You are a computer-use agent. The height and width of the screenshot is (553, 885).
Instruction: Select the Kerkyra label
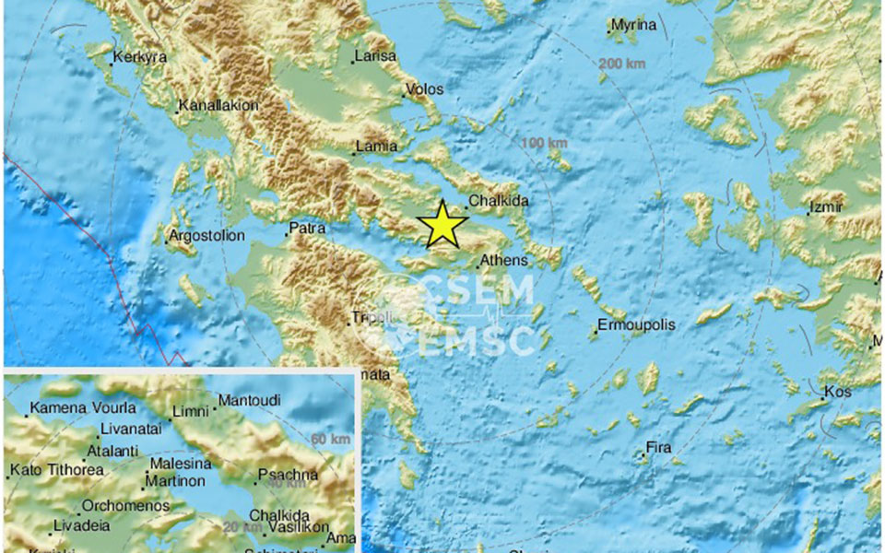[x=140, y=57]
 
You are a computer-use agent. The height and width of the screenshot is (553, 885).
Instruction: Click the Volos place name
[x=426, y=89]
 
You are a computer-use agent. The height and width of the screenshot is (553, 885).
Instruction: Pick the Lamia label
[x=379, y=146]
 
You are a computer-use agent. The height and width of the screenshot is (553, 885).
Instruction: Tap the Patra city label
[x=308, y=228]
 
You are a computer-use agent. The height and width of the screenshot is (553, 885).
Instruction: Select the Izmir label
[x=826, y=207]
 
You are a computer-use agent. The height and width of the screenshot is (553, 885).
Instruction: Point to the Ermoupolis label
[x=636, y=324]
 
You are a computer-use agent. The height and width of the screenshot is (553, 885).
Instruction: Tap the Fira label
[x=658, y=448]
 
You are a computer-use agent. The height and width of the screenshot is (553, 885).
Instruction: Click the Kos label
[x=837, y=392]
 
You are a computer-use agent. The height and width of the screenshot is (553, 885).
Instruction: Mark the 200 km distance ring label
[x=622, y=64]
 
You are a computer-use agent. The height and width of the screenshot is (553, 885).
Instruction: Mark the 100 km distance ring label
[x=544, y=143]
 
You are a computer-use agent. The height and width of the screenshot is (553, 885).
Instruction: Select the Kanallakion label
[x=218, y=105]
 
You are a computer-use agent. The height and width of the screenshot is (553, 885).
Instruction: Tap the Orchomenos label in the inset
[x=125, y=505]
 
